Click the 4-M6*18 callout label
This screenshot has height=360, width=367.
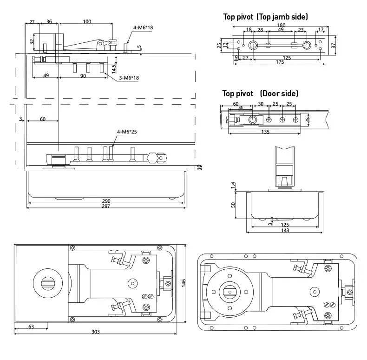143,27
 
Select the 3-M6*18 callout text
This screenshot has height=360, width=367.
129,78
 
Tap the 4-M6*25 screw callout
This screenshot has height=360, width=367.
127,132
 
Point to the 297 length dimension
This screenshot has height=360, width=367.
106,206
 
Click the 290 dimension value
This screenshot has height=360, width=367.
106,201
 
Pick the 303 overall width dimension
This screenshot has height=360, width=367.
96,332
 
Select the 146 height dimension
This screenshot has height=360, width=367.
183,283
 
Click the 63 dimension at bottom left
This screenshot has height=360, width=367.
31,327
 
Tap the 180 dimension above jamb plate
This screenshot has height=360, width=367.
281,25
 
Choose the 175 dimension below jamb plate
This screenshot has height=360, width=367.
280,62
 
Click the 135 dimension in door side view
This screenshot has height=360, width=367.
265,132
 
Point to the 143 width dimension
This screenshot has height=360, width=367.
285,230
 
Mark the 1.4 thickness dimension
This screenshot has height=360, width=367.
233,186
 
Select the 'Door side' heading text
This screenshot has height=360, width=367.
279,93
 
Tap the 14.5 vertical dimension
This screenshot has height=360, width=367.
113,69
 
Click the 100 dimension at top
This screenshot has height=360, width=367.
87,21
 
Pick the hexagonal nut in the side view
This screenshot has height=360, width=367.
152,158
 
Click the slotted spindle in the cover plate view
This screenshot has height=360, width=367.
48,283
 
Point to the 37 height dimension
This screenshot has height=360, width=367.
334,46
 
